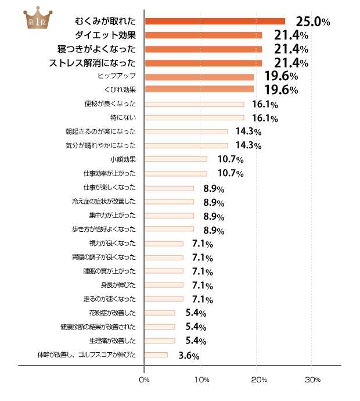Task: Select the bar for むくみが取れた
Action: coord(215,22)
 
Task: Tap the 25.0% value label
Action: coord(313,22)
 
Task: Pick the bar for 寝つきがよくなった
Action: coord(203,49)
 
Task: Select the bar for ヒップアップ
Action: coord(199,77)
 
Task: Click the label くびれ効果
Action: coord(120,90)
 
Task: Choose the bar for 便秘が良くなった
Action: coord(194,105)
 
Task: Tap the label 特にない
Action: coord(125,117)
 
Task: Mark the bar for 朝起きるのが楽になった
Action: coord(186,131)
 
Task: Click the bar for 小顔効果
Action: coord(175,159)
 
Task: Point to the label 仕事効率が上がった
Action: coord(110,173)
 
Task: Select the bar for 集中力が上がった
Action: coord(169,215)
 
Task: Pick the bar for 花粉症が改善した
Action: coord(160,313)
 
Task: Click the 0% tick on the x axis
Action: coord(145,380)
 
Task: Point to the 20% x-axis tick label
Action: coord(258,380)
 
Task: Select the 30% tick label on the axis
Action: coord(312,380)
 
